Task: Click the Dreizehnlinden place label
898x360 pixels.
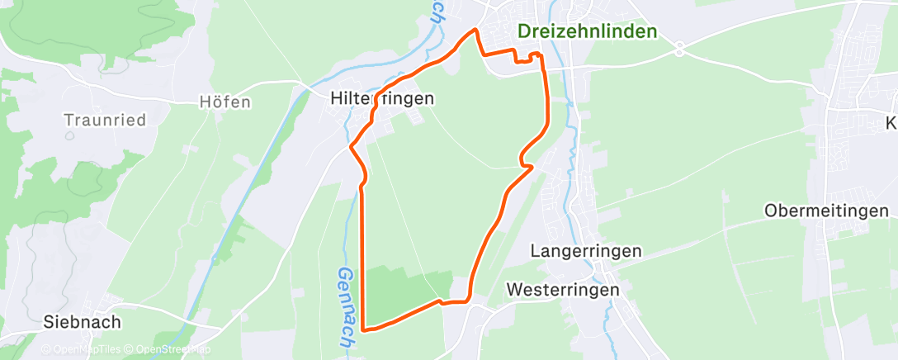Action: [587, 31]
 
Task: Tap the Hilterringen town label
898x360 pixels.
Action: [381, 98]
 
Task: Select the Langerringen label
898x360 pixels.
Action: [587, 249]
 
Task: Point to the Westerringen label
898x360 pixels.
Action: [563, 291]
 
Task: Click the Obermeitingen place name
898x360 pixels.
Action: [825, 211]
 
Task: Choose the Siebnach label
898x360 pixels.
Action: [83, 322]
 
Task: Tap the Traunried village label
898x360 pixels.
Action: [105, 121]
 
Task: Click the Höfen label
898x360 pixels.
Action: [224, 102]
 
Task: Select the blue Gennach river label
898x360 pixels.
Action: [346, 307]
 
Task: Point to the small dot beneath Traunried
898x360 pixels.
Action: [69, 135]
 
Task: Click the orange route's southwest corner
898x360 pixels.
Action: [363, 331]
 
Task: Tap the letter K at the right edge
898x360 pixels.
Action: [891, 124]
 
